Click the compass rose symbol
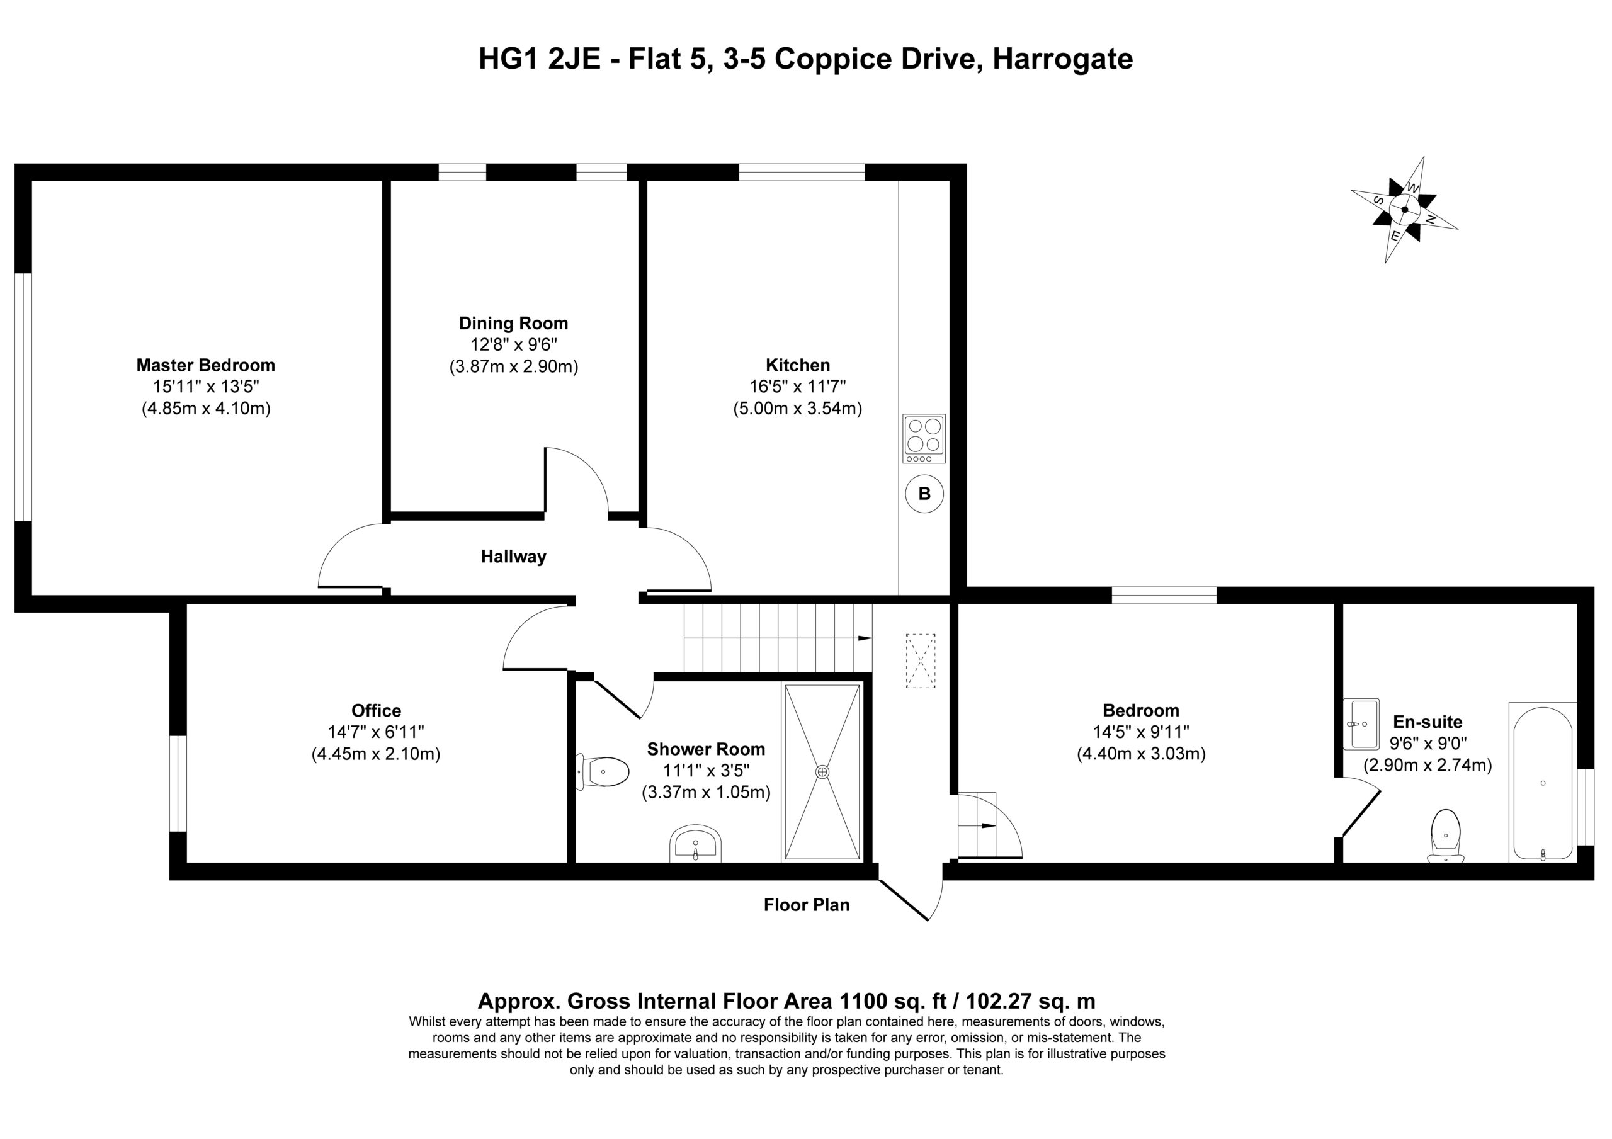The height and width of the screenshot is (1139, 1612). coord(1404,209)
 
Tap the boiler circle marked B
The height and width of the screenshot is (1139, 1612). coord(924,494)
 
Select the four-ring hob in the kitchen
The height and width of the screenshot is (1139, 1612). coord(924,438)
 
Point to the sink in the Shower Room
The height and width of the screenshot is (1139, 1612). coord(695,844)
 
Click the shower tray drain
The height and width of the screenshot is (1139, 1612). coord(822,772)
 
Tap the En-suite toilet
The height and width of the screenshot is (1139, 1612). coord(1446,836)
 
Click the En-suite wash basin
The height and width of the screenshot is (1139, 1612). coord(1361,724)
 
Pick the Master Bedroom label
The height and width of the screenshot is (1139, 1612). coord(206,365)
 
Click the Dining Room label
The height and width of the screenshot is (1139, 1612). coord(513,323)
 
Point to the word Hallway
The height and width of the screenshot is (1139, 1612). coord(513,557)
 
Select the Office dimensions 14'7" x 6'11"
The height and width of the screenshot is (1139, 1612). coord(377,732)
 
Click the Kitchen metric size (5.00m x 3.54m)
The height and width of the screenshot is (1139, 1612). coord(798,408)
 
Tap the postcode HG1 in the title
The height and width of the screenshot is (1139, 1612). coord(509,59)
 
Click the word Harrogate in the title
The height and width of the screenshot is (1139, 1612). coord(1062,60)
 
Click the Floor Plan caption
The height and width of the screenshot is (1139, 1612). coord(807,905)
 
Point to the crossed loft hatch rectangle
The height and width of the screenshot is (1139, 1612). coord(921,660)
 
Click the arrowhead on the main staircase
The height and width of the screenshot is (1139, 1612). coord(865,638)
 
